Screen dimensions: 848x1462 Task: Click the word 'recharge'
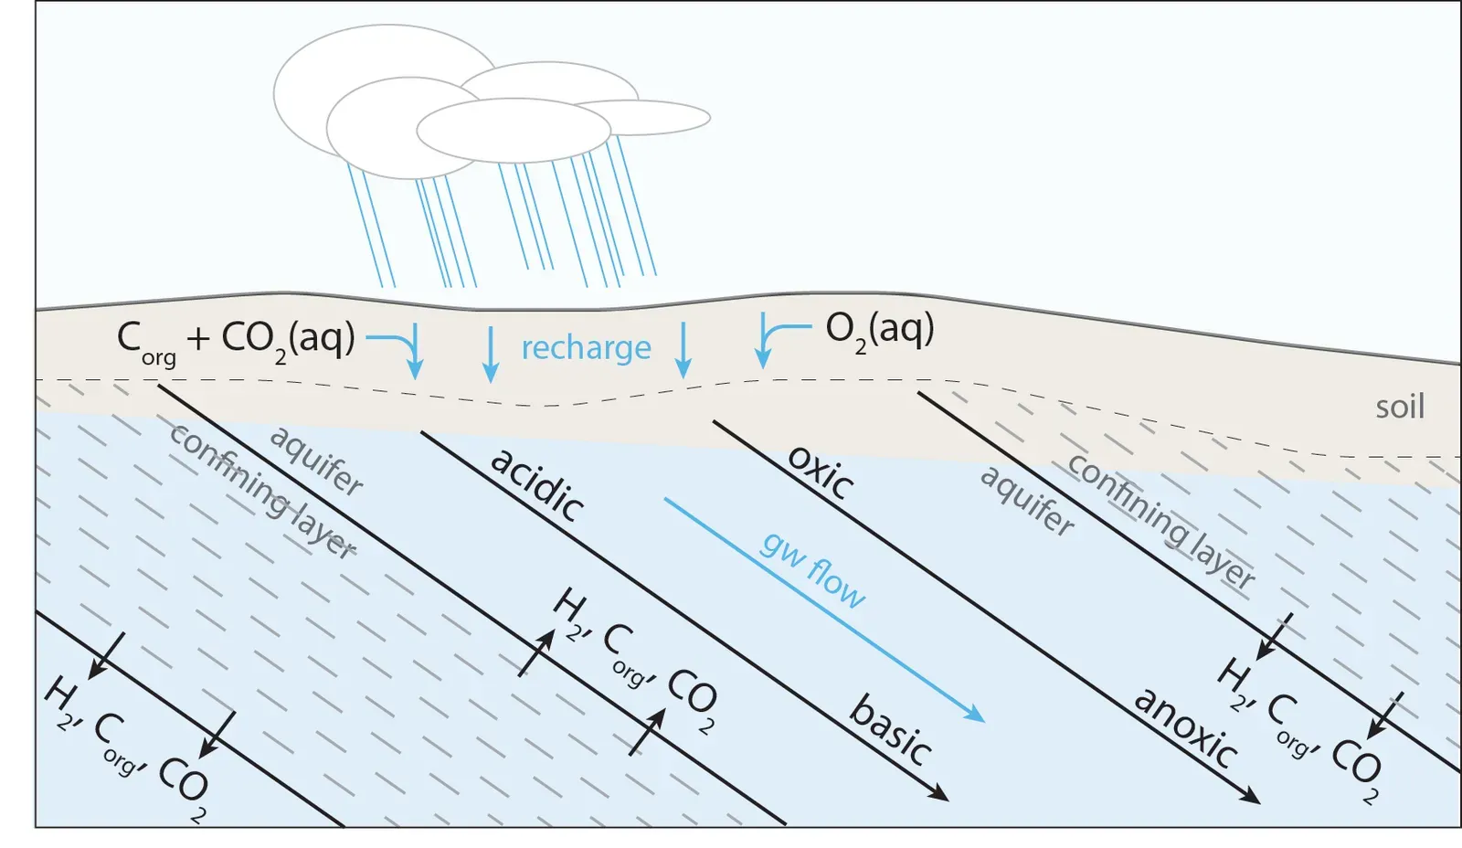pos(586,348)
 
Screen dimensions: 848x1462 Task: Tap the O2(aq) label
pos(879,329)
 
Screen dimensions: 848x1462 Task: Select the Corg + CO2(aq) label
pos(236,340)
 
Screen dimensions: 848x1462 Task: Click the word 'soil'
pos(1399,407)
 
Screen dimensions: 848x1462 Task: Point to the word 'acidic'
pos(538,484)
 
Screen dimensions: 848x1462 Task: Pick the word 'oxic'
pos(821,472)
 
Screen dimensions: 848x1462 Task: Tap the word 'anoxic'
pos(1186,727)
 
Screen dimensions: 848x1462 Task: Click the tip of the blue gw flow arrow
pos(981,719)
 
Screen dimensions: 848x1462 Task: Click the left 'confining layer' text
pos(262,492)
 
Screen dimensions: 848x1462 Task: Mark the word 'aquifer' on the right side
pos(1027,501)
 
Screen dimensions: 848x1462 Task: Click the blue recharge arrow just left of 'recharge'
pos(491,355)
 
